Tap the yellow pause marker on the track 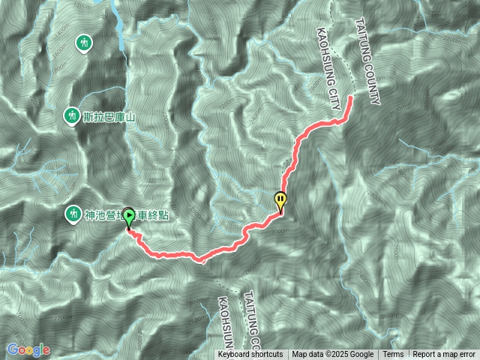coord(280,201)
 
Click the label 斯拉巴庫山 coord(112,116)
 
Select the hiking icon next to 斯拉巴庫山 coord(72,116)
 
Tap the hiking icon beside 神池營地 coord(73,213)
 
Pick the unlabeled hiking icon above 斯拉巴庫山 coord(84,40)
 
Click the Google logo coord(28,349)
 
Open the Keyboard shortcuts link coord(250,355)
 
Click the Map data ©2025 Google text coord(333,355)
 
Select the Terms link coord(393,355)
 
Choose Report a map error coord(444,355)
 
